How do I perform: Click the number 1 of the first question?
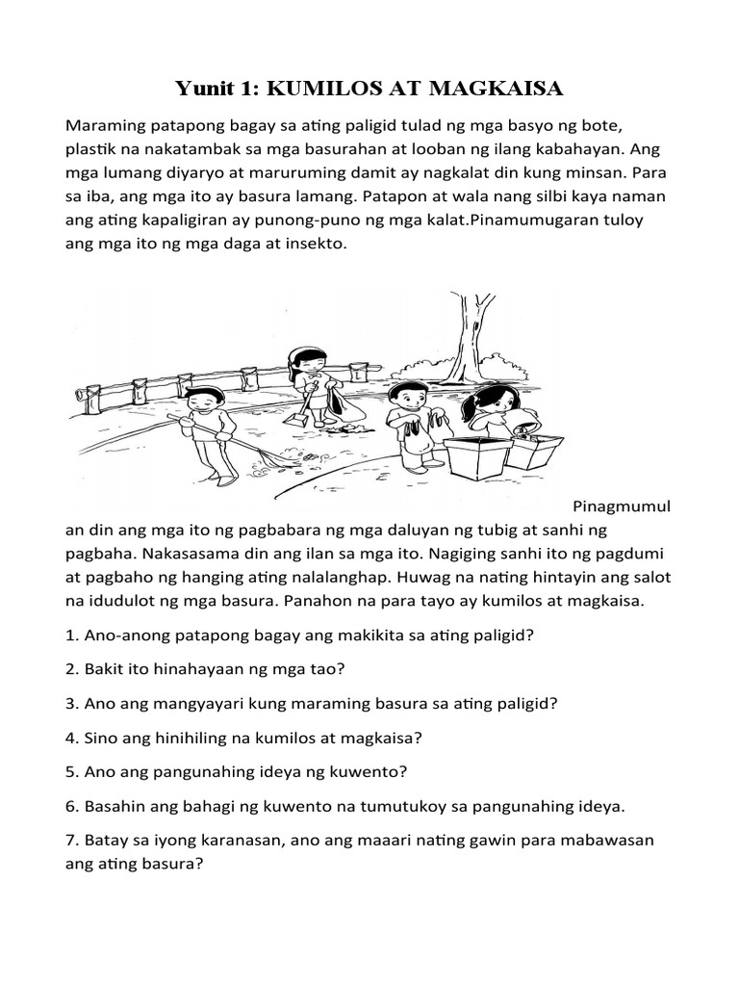tap(70, 636)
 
